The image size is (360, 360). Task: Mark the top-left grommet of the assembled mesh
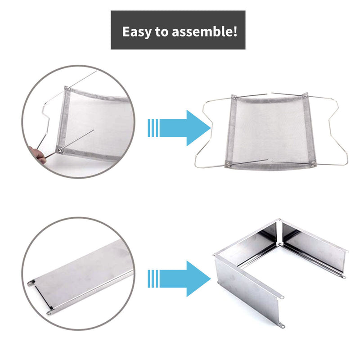[234, 97]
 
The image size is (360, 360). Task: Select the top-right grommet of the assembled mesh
[306, 95]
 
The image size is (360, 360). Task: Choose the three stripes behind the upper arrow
[153, 128]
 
